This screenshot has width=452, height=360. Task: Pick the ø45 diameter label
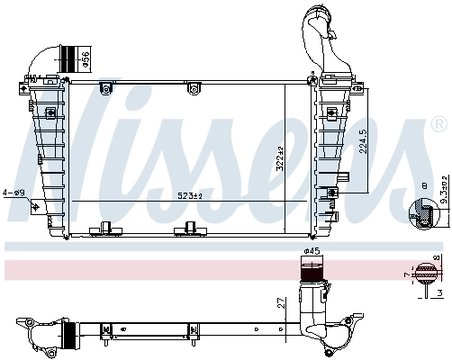pos(312,250)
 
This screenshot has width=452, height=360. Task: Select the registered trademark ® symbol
pos(437,125)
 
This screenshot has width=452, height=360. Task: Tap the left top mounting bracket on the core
pos(104,90)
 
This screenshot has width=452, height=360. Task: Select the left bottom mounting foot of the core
pos(102,230)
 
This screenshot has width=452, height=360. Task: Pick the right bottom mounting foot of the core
pos(186,230)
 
